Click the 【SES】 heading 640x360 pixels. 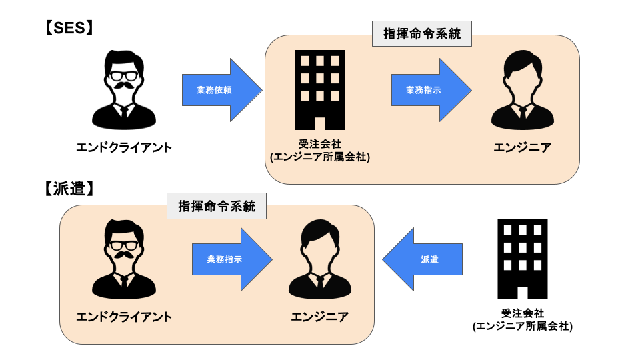69,28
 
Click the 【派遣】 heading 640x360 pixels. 69,189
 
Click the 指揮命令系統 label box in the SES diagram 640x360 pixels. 421,33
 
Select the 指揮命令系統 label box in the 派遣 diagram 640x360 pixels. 216,207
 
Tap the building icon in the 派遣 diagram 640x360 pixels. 522,259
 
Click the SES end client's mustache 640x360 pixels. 123,88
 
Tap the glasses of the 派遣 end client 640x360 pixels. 123,245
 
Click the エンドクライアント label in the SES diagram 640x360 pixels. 124,147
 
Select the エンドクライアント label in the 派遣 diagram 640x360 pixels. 124,317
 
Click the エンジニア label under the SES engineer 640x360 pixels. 523,147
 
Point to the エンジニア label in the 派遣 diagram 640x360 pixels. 319,317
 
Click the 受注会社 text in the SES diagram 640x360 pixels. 320,143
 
